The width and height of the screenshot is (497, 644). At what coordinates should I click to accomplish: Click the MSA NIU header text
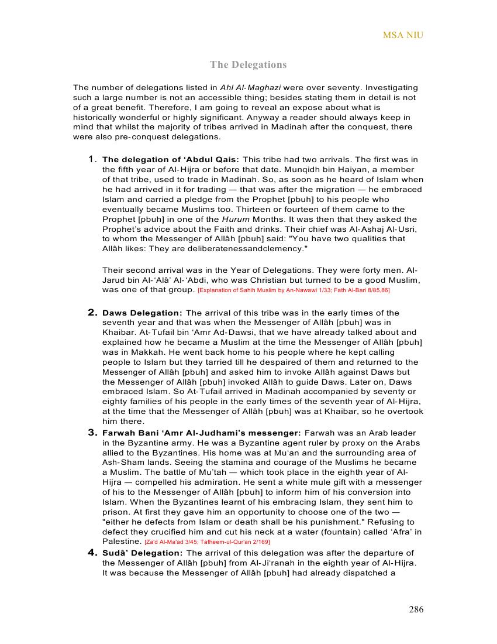pyautogui.click(x=403, y=35)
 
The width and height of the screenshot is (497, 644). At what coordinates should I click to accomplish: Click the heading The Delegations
pyautogui.click(x=248, y=64)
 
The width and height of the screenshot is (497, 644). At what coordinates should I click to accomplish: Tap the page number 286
pyautogui.click(x=416, y=609)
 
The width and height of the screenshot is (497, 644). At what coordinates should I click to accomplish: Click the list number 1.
pyautogui.click(x=92, y=159)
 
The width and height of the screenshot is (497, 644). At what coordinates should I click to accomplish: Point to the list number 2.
pyautogui.click(x=92, y=313)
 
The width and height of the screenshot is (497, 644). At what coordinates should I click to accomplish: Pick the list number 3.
pyautogui.click(x=92, y=433)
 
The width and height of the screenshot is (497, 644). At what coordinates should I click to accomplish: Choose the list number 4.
pyautogui.click(x=92, y=553)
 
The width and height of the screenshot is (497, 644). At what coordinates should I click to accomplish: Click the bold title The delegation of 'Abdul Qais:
pyautogui.click(x=171, y=160)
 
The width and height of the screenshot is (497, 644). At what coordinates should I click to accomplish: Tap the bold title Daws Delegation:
pyautogui.click(x=142, y=313)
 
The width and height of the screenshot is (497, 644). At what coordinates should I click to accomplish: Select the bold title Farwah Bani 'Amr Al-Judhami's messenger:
pyautogui.click(x=202, y=433)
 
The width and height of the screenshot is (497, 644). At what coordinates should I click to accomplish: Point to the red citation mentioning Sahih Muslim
pyautogui.click(x=294, y=290)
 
